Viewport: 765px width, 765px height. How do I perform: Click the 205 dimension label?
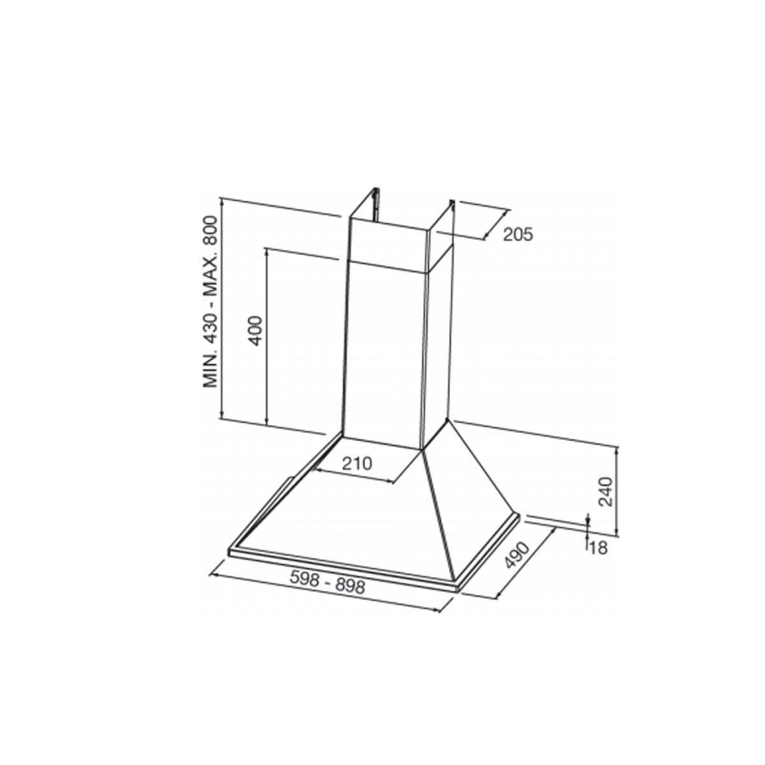point(518,235)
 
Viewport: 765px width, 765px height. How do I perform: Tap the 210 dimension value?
point(357,463)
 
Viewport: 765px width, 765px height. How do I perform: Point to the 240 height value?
point(606,492)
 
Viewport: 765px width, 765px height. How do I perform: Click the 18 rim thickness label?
point(598,548)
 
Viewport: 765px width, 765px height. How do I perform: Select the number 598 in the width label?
point(305,578)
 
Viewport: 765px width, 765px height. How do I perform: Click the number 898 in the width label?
point(349,586)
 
